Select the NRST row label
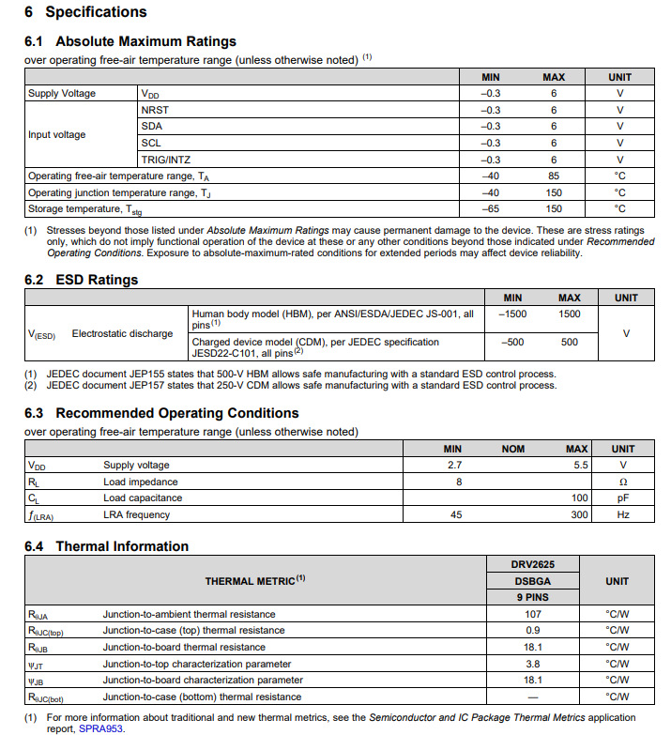(155, 110)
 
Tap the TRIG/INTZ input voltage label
(165, 160)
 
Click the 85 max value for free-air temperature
(554, 176)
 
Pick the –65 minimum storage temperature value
(491, 208)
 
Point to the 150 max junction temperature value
(554, 192)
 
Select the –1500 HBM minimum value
(512, 314)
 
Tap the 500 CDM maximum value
(570, 343)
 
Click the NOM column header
(513, 449)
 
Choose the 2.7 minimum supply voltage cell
(456, 465)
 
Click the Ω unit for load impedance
(622, 482)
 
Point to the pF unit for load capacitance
(622, 498)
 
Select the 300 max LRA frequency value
(579, 514)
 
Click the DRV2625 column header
(532, 563)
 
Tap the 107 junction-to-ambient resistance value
(532, 614)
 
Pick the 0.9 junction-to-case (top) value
(532, 630)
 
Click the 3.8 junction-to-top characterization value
(532, 664)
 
